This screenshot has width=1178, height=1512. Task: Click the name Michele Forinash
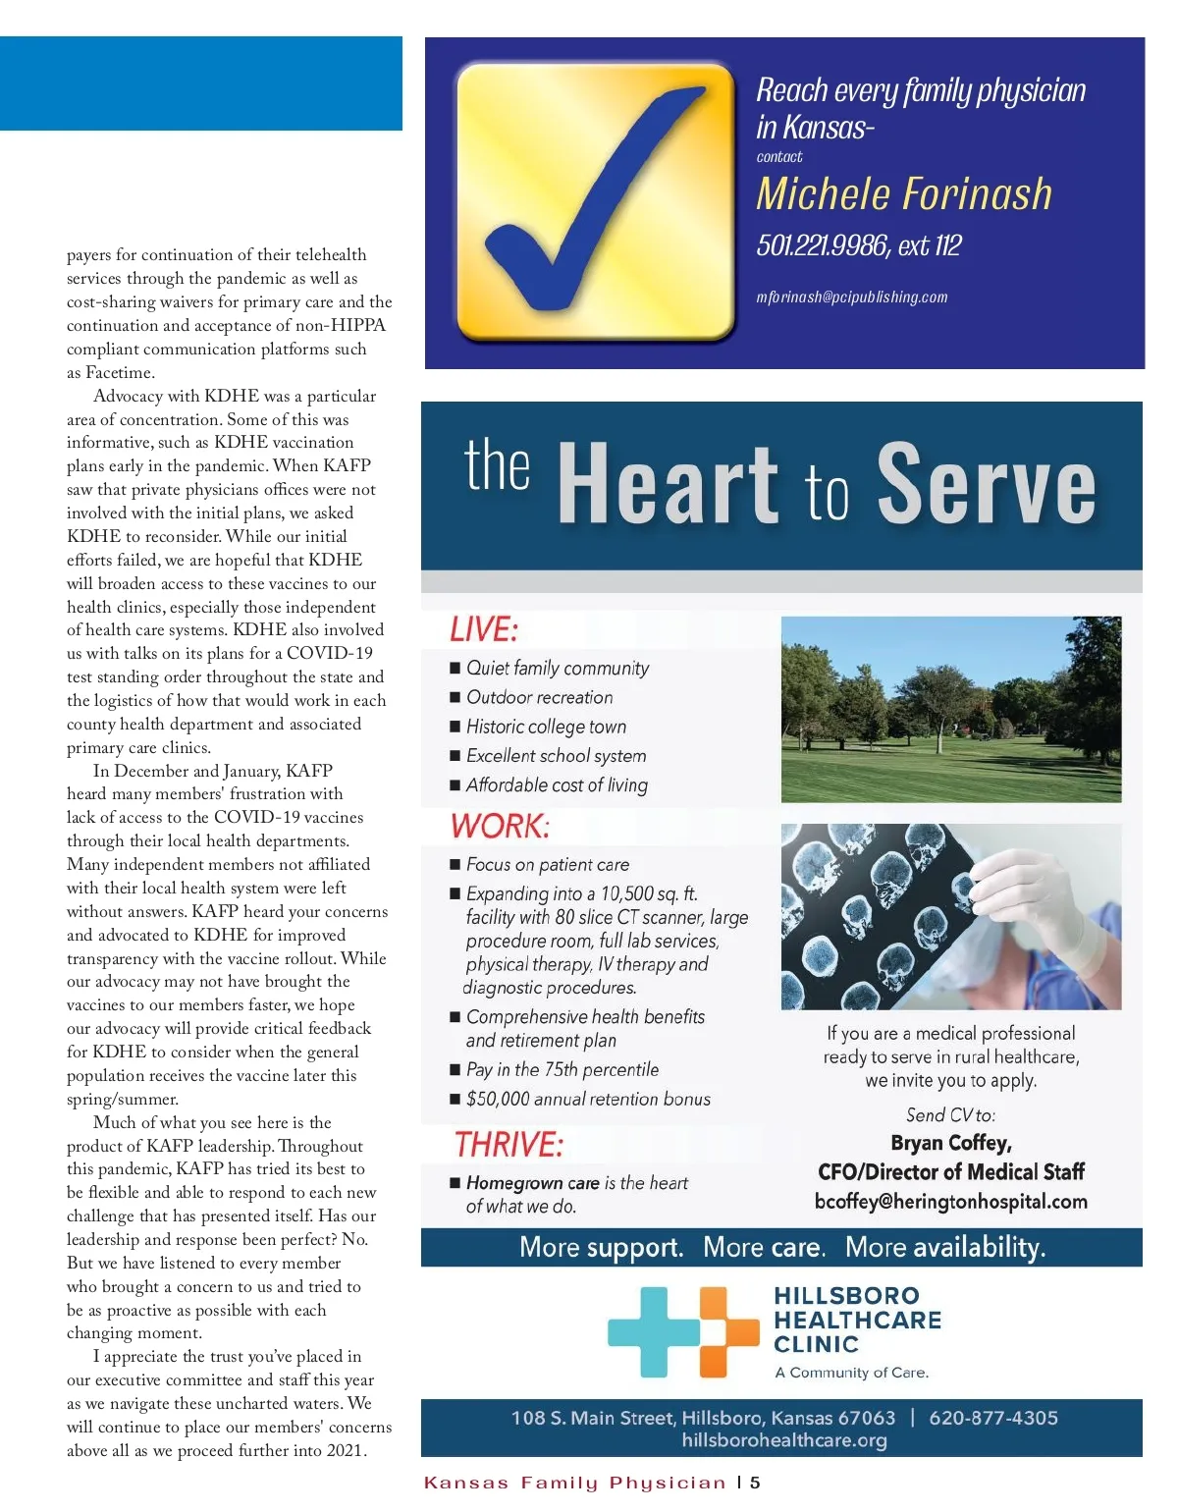903,193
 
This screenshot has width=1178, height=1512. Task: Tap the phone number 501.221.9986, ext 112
858,245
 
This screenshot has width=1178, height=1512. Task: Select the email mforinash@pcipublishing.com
851,297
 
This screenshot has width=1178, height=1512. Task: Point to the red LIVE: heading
483,629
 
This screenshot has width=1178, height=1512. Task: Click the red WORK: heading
500,826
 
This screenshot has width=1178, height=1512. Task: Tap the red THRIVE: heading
509,1144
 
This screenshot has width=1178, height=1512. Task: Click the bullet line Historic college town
546,727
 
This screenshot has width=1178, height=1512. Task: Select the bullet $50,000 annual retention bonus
587,1099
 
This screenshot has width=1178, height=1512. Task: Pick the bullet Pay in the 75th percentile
562,1069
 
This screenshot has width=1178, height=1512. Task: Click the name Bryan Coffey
950,1143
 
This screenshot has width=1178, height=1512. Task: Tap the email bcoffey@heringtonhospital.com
950,1202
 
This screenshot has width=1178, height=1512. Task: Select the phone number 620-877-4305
992,1418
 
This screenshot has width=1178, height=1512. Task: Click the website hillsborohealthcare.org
783,1440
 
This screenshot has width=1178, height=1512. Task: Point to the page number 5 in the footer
755,1483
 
